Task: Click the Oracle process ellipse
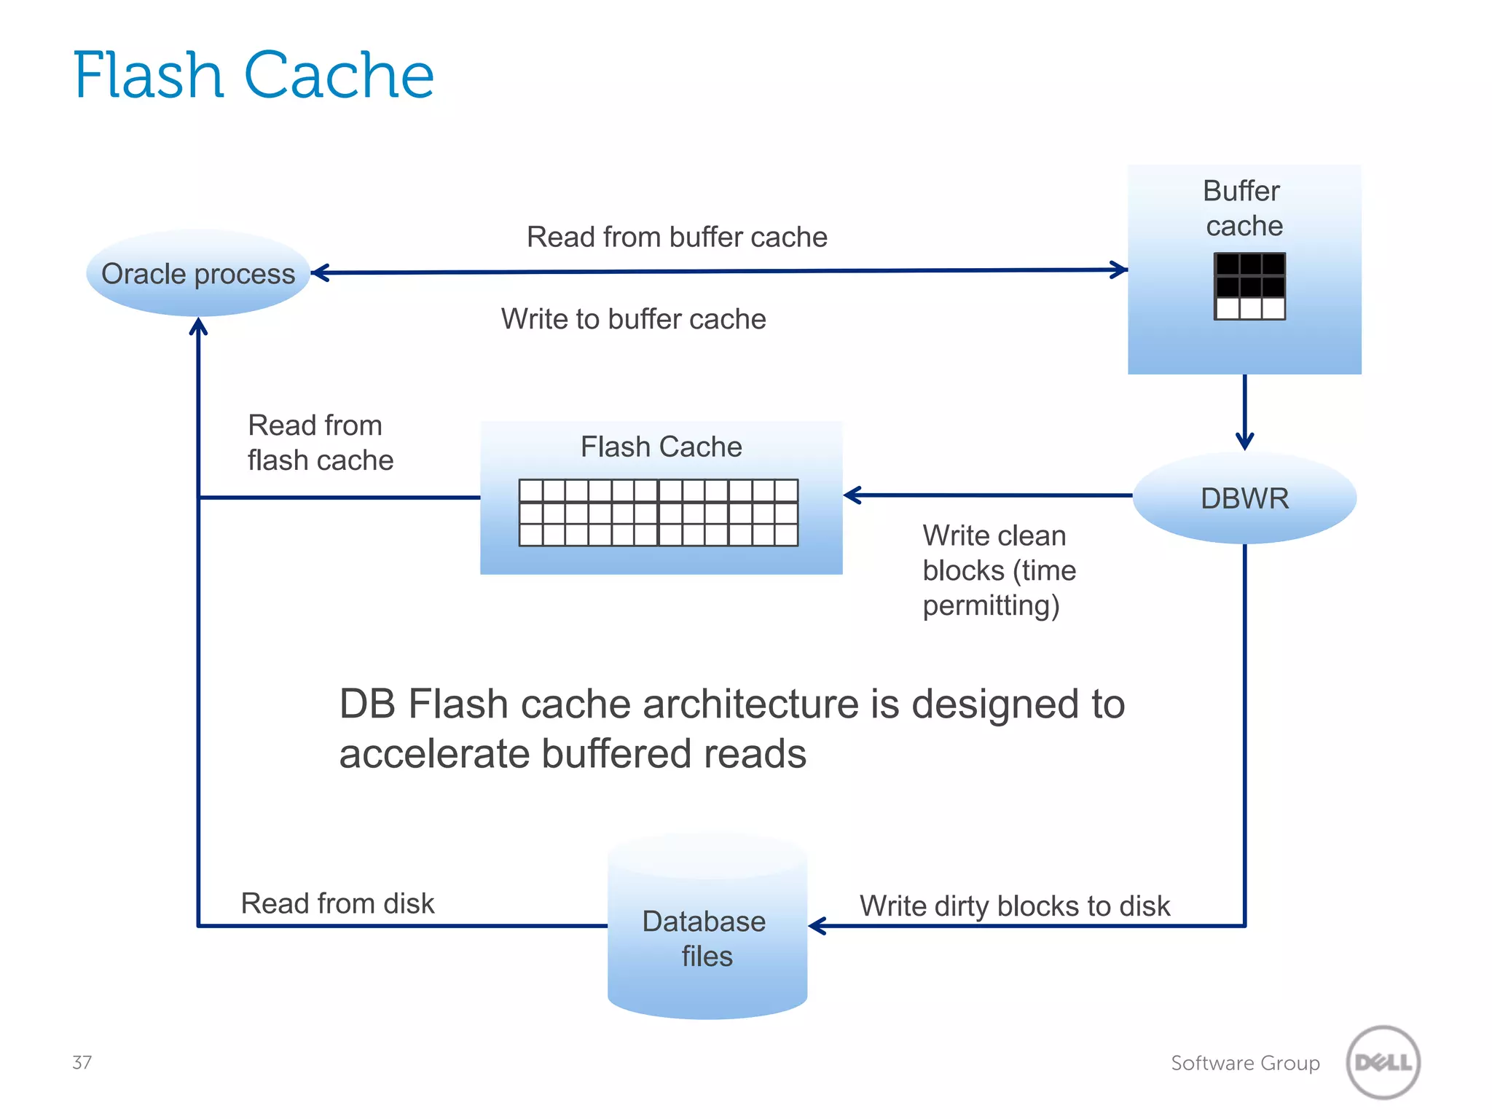click(198, 273)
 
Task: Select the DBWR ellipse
click(1244, 498)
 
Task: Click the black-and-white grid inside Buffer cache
click(1249, 286)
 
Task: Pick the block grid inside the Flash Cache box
click(659, 512)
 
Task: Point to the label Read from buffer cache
click(677, 237)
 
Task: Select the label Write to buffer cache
click(633, 319)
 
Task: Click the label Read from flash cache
click(320, 442)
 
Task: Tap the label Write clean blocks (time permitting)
click(999, 570)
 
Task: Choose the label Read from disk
click(337, 903)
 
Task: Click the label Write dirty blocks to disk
click(1014, 906)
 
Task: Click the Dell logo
click(1383, 1062)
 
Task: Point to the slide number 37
click(82, 1062)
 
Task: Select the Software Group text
click(1245, 1063)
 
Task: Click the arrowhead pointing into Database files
click(817, 926)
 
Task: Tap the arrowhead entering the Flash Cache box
click(852, 495)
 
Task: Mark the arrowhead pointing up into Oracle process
click(198, 327)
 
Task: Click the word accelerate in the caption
click(434, 753)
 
